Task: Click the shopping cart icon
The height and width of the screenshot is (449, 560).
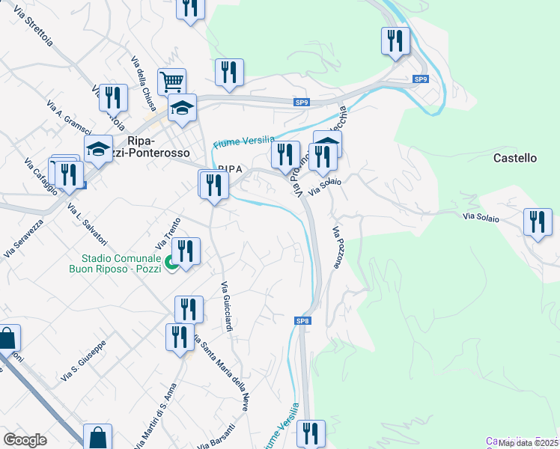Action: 171,80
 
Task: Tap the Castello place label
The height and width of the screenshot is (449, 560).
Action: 515,159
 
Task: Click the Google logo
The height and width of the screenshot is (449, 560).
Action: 25,439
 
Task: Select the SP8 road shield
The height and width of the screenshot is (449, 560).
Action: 302,321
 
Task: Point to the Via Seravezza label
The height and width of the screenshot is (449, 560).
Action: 23,238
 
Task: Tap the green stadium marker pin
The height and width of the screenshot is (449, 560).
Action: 171,263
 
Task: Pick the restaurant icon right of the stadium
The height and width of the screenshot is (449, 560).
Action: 186,251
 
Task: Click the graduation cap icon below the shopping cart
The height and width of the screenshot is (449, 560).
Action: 182,108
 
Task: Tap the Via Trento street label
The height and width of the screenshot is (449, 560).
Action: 164,236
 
